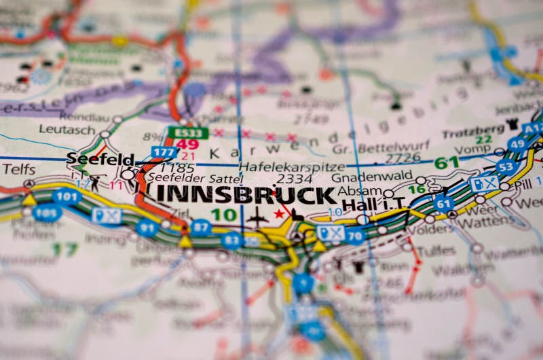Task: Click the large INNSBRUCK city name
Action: pyautogui.click(x=246, y=194)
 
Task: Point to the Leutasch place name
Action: pyautogui.click(x=67, y=128)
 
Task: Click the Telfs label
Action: pyautogui.click(x=18, y=169)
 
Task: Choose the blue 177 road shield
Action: pyautogui.click(x=164, y=152)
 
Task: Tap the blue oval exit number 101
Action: pyautogui.click(x=66, y=197)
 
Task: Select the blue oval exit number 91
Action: pyautogui.click(x=147, y=228)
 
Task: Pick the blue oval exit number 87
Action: pyautogui.click(x=200, y=227)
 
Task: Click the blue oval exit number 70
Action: pyautogui.click(x=354, y=236)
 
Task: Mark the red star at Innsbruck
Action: pyautogui.click(x=278, y=214)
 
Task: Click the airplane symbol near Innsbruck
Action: pyautogui.click(x=257, y=217)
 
